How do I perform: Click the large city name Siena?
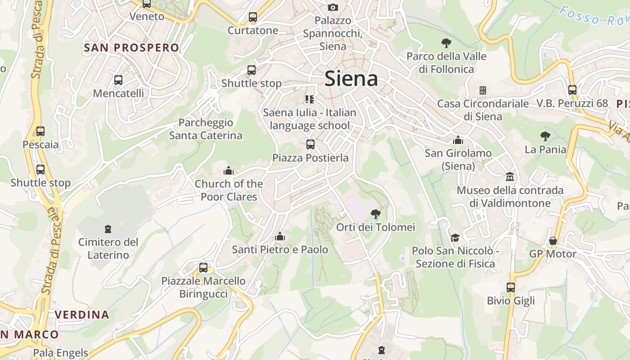pos(351,79)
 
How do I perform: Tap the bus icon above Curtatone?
pos(253,18)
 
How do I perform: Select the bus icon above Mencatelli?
pos(118,80)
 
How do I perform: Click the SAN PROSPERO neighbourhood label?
pos(131,48)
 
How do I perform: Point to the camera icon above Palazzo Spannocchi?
pos(333,7)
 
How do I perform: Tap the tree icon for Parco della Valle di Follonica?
pos(446,43)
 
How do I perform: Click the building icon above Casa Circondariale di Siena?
pos(483,90)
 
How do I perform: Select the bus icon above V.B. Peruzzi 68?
pos(572,90)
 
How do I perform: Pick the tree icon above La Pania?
pos(545,136)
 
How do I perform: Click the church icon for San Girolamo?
pos(458,140)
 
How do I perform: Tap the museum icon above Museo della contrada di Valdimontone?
pos(510,176)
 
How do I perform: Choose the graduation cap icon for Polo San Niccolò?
pos(455,238)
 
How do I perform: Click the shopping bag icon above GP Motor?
pos(553,241)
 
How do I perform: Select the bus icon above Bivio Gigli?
pos(511,287)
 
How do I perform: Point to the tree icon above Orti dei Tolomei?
pos(375,214)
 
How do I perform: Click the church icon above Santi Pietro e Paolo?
pos(280,236)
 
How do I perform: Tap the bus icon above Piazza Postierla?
pos(310,144)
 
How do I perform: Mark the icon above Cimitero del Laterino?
pos(108,229)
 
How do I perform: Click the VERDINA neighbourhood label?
pos(82,315)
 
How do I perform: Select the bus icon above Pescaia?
pos(40,131)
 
